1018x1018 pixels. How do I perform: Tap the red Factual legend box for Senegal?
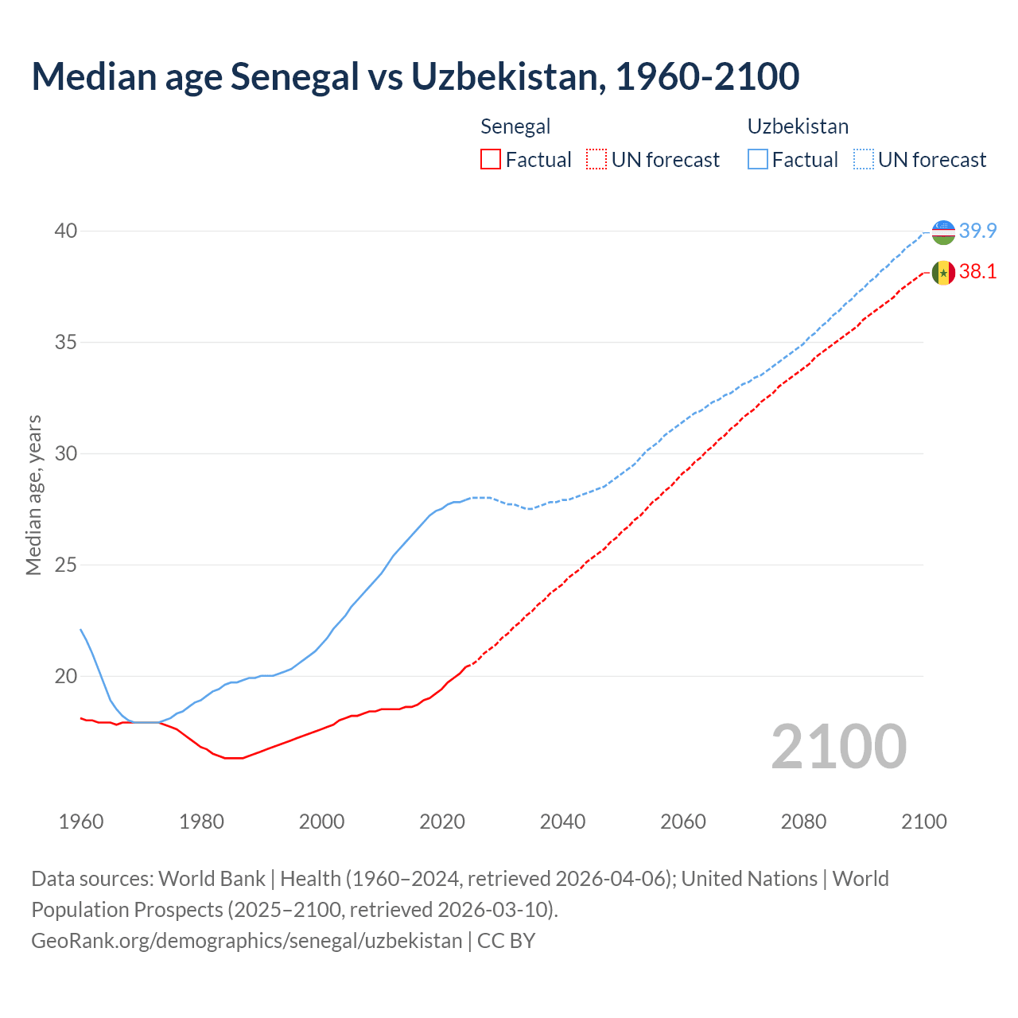491,160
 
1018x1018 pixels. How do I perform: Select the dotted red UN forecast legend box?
596,160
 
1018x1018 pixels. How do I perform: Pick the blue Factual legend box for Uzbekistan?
758,160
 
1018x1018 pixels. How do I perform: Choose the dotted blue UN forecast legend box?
864,160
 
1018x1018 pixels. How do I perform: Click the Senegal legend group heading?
515,126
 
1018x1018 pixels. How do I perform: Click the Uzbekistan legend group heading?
798,126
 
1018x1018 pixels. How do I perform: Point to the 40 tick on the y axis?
65,231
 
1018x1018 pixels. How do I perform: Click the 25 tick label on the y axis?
65,565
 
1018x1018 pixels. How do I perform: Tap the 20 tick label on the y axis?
65,677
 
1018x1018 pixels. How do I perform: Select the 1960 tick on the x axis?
81,822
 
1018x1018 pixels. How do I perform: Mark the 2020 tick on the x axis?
442,822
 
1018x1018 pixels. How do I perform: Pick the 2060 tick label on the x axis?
683,822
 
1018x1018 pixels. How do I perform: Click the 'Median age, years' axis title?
33,495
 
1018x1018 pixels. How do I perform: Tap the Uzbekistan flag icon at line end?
943,231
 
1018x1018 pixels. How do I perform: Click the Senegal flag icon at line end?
943,273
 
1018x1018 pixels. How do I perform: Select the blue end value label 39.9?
977,231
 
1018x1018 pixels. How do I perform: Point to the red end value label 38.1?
977,272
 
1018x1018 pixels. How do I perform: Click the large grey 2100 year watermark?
839,747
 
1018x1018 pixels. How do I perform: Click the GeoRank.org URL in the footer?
247,941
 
